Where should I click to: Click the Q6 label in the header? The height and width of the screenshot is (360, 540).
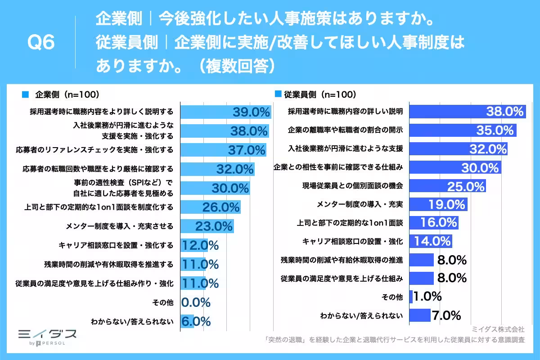(41, 43)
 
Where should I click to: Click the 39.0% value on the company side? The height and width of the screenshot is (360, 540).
(251, 112)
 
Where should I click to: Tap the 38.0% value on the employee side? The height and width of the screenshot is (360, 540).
(505, 112)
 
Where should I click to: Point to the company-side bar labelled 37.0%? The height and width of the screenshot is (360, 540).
(223, 150)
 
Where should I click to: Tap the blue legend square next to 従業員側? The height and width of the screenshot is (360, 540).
(278, 94)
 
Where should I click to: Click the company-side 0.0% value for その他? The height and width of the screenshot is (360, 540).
(196, 302)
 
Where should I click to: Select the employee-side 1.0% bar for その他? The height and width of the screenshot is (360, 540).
(411, 297)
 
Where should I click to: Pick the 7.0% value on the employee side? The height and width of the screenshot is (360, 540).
(446, 315)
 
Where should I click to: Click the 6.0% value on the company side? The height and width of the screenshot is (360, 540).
(196, 321)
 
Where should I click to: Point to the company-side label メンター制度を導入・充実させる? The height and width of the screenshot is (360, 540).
(119, 226)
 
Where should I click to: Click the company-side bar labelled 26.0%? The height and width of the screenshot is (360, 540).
(210, 207)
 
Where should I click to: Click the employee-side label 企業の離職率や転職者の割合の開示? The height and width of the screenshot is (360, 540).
(345, 130)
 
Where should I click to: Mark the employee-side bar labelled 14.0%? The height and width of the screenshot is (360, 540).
(430, 241)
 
